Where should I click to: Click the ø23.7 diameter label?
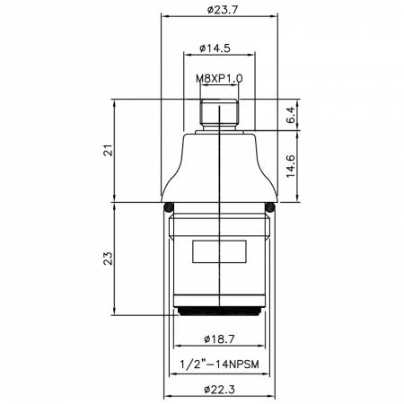[x=223, y=10]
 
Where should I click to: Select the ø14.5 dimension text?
[x=215, y=48]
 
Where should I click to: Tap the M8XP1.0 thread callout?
[x=219, y=78]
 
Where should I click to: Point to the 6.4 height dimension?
[x=291, y=115]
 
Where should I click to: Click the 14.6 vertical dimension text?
[x=291, y=166]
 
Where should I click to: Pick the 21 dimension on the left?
[x=109, y=150]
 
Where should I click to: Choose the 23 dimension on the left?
[x=109, y=259]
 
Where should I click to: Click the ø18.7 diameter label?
[x=219, y=339]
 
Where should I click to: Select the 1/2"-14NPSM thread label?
[x=219, y=364]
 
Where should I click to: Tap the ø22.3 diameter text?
[x=219, y=390]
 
